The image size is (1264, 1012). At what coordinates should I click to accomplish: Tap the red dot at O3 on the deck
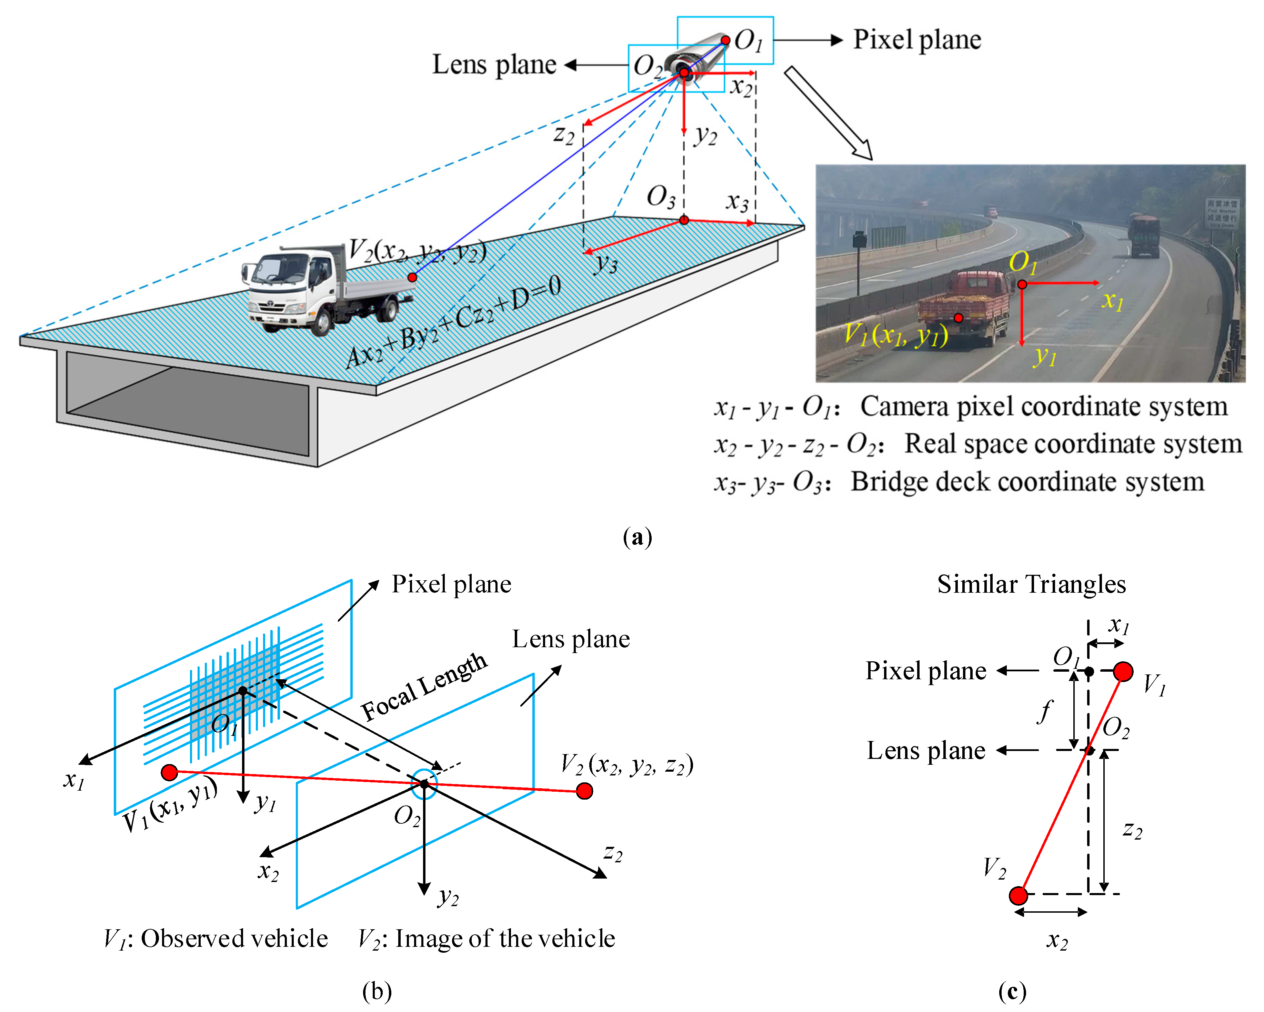(684, 220)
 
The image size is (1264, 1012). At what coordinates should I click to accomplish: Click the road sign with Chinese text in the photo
(1222, 213)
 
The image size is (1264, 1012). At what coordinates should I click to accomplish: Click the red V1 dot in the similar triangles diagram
(1123, 671)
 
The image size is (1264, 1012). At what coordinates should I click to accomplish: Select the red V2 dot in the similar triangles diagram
(1019, 895)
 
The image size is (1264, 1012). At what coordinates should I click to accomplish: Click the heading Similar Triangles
(1031, 584)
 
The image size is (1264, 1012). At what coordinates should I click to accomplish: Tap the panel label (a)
(637, 537)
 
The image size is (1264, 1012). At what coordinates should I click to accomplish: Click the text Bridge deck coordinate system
(1027, 482)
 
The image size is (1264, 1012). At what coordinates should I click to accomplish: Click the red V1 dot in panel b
(169, 772)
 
